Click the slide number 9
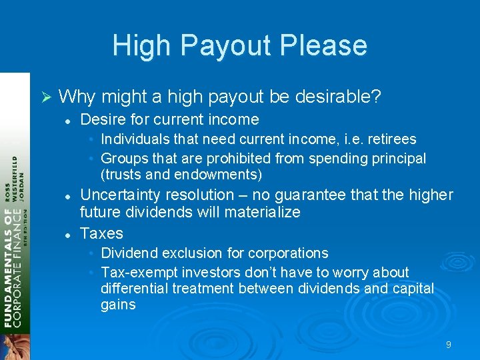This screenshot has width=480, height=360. click(449, 345)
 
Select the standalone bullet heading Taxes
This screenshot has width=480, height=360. click(101, 233)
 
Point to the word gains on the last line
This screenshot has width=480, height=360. click(118, 305)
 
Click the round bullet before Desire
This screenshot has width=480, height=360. click(67, 120)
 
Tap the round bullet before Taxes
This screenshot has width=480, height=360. click(67, 234)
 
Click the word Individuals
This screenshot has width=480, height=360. click(134, 139)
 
